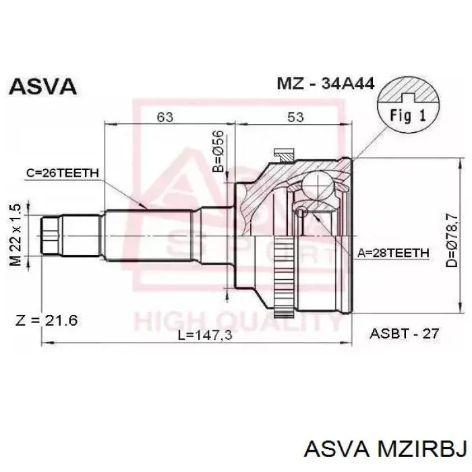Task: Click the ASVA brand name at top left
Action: point(42,86)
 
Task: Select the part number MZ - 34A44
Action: point(326,84)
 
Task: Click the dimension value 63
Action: point(165,117)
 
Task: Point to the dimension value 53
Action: point(295,117)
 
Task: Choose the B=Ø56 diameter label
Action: point(218,151)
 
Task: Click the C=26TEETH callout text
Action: point(63,173)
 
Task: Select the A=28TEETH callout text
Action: point(393,253)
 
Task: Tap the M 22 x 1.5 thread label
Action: point(16,235)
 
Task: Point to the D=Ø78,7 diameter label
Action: point(452,241)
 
